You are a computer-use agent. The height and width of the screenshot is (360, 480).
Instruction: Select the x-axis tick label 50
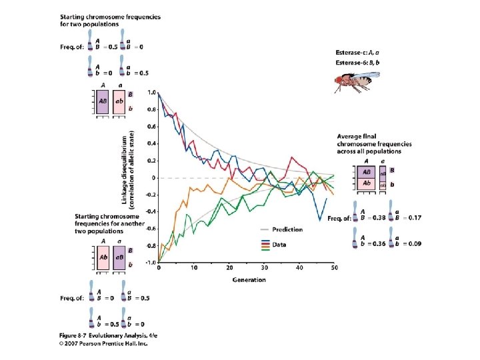[334, 269]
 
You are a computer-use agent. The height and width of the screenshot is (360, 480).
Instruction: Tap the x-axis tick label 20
[229, 269]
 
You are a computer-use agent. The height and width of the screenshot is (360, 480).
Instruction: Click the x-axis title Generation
[248, 279]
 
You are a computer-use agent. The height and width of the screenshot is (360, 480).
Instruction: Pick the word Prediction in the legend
[287, 229]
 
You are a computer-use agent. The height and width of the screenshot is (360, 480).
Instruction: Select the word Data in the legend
[279, 245]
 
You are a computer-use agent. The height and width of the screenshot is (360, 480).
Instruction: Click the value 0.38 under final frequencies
[378, 218]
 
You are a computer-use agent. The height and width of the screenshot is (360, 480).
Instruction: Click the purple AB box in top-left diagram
[104, 101]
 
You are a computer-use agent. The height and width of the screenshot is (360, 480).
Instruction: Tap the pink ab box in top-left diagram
[121, 101]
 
